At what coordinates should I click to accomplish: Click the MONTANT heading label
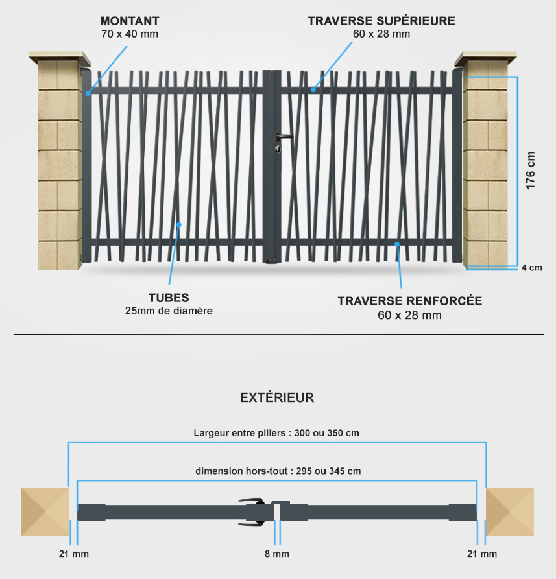130,21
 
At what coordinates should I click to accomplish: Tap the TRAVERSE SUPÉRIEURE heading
381,21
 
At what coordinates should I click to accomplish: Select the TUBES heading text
169,298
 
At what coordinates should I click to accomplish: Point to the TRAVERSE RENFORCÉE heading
410,301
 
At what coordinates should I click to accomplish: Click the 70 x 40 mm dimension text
130,34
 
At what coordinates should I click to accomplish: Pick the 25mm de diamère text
169,311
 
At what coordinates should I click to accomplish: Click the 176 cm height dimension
530,171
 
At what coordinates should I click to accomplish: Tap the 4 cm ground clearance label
531,268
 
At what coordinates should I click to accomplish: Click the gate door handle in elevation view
283,137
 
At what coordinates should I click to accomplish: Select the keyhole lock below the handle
278,149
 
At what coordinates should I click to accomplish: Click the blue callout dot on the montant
88,93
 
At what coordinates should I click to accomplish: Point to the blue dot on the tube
179,224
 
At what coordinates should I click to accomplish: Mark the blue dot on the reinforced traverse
397,244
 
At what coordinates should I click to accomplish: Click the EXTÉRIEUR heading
277,397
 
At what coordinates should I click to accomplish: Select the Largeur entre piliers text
276,432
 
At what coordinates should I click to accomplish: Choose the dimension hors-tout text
278,471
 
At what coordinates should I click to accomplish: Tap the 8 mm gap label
277,554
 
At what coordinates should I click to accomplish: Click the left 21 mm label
74,554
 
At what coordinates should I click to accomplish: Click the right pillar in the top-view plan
510,512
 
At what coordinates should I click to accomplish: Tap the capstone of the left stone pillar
60,58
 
